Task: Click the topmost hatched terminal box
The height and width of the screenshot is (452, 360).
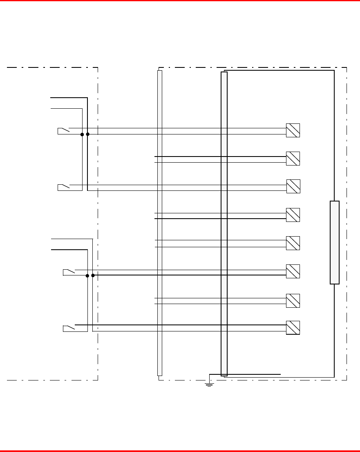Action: pyautogui.click(x=293, y=130)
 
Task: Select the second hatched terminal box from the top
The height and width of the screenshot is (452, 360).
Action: pyautogui.click(x=293, y=159)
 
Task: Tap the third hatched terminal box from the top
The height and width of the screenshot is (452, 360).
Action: pyautogui.click(x=293, y=186)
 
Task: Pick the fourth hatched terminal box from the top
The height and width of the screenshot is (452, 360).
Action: pyautogui.click(x=293, y=215)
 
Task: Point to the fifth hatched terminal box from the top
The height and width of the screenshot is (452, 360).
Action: pyautogui.click(x=293, y=243)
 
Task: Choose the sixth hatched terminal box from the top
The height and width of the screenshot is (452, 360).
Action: pyautogui.click(x=293, y=271)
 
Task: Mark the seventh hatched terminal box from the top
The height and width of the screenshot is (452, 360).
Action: pyautogui.click(x=293, y=300)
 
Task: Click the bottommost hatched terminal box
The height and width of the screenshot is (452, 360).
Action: pyautogui.click(x=293, y=328)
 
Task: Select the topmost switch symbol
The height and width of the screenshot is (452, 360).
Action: pyautogui.click(x=64, y=131)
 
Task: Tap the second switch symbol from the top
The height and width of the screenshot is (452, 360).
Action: pyautogui.click(x=64, y=187)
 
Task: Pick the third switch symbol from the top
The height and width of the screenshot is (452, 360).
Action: pyautogui.click(x=69, y=272)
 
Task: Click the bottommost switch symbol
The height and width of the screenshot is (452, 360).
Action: pyautogui.click(x=69, y=328)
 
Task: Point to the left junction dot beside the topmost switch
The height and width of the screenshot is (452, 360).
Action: pyautogui.click(x=82, y=134)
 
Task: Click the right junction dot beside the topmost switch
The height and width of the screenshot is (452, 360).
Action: pyautogui.click(x=88, y=134)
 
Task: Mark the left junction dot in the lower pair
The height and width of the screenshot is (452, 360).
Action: pyautogui.click(x=87, y=275)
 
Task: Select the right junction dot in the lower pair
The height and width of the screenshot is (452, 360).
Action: pyautogui.click(x=93, y=275)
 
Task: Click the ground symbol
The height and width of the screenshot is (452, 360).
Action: pyautogui.click(x=209, y=384)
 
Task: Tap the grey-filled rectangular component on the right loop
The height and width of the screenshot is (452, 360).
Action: pyautogui.click(x=335, y=242)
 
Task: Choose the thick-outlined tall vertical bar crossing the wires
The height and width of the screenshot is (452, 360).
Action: pyautogui.click(x=224, y=224)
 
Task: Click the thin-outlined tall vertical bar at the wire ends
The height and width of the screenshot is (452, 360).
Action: pyautogui.click(x=160, y=223)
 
